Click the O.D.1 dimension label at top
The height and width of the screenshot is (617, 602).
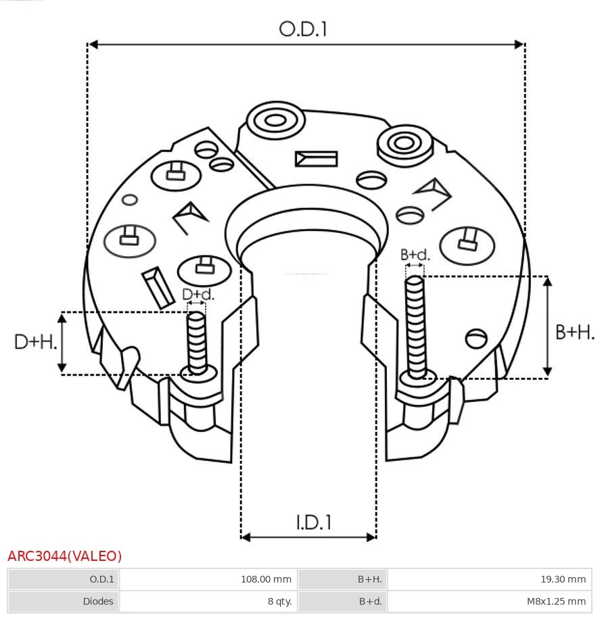(303, 29)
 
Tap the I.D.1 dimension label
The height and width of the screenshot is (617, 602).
(313, 522)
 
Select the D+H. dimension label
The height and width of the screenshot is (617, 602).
(35, 342)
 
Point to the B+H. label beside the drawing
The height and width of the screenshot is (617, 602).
(575, 332)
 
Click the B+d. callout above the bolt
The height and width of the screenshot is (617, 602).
(415, 255)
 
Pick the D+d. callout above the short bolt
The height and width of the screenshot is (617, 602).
(198, 294)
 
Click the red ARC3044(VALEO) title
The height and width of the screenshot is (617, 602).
(65, 556)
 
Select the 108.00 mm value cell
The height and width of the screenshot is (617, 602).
(208, 579)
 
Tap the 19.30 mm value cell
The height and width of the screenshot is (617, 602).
(489, 579)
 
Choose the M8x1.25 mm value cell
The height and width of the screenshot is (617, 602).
(489, 601)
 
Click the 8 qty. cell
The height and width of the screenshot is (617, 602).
(208, 601)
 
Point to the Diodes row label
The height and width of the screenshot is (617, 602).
(64, 601)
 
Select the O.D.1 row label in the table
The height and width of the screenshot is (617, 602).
(64, 579)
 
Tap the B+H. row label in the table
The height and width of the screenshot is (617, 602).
(342, 579)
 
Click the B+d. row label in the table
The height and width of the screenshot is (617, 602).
(342, 601)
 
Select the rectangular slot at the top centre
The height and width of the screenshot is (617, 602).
(316, 159)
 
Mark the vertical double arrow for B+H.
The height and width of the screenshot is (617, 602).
(548, 326)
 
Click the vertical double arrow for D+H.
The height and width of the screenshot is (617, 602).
(62, 343)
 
